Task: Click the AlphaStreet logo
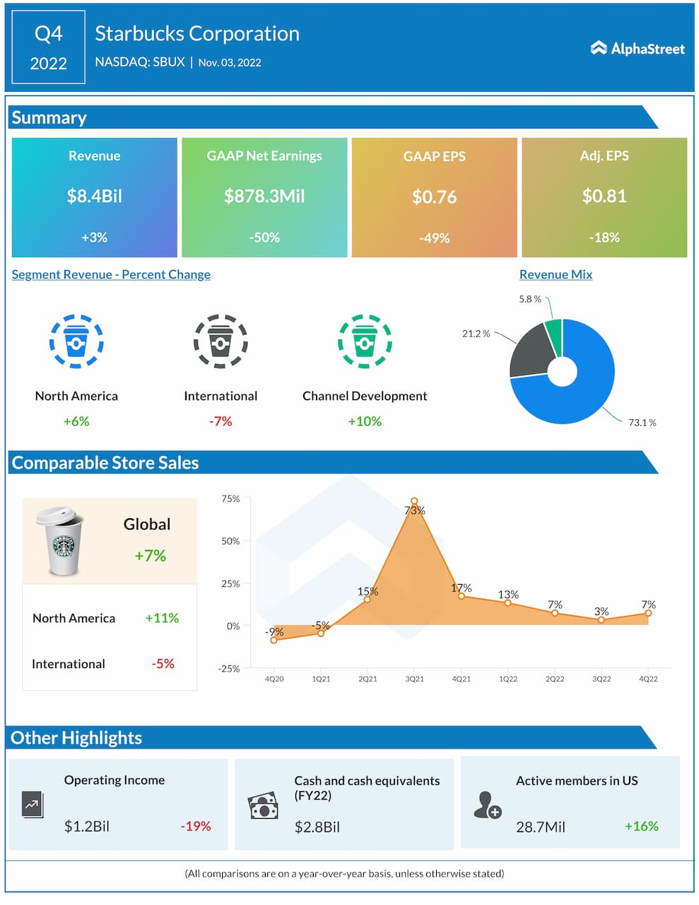638,48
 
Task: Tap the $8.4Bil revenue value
94,196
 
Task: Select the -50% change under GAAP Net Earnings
264,238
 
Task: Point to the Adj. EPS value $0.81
604,196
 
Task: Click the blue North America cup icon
76,341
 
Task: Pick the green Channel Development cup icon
365,341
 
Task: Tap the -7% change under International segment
221,421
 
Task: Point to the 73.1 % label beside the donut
642,423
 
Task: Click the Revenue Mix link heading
556,274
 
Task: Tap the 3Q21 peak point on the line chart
414,501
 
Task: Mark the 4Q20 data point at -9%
274,640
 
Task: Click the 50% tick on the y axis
231,541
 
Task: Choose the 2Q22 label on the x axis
555,679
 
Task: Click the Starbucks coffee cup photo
61,540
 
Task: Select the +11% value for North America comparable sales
162,618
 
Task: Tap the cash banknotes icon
263,806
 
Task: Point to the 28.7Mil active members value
541,827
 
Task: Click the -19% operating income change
196,826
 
